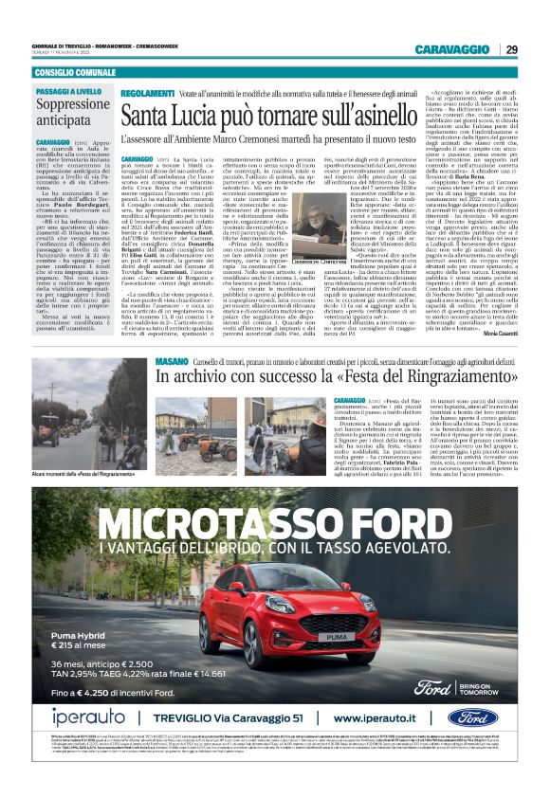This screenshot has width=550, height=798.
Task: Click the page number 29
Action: click(510, 49)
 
